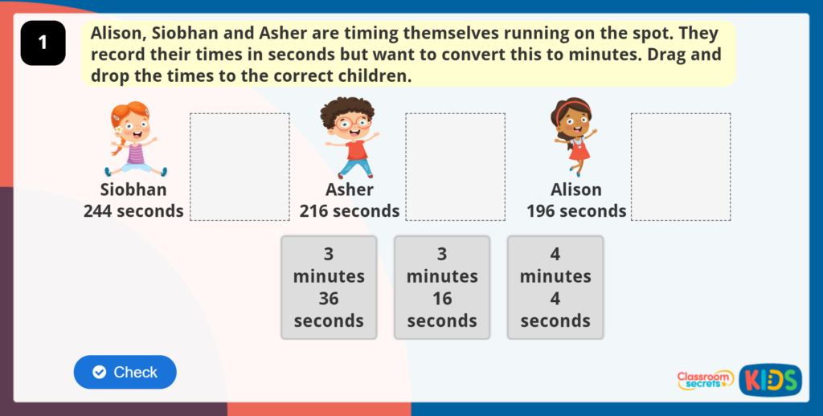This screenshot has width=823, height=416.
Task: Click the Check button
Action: click(x=125, y=372)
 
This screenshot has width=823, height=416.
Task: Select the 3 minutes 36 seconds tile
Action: click(x=329, y=288)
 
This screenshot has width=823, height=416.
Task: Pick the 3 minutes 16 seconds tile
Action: click(x=442, y=288)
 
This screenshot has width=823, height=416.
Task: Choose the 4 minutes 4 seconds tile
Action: click(x=555, y=288)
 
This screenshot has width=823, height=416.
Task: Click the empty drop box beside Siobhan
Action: click(x=240, y=166)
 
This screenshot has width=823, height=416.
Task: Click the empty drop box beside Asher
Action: click(x=455, y=166)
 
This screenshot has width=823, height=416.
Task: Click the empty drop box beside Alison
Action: click(x=681, y=166)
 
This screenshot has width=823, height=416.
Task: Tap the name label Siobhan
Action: click(x=133, y=190)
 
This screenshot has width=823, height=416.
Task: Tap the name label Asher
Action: click(x=350, y=190)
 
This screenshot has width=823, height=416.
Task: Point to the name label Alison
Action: click(x=576, y=190)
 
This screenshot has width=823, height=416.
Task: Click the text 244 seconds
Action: click(x=133, y=211)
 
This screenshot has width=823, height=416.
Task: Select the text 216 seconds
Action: click(x=350, y=211)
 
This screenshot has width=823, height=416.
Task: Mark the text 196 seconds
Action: click(x=576, y=211)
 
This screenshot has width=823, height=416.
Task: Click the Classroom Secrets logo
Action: click(x=705, y=380)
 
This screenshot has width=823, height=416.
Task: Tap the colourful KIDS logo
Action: click(x=770, y=380)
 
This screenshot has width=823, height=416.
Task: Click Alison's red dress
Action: click(x=579, y=149)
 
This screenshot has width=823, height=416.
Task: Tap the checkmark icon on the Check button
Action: click(x=100, y=372)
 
